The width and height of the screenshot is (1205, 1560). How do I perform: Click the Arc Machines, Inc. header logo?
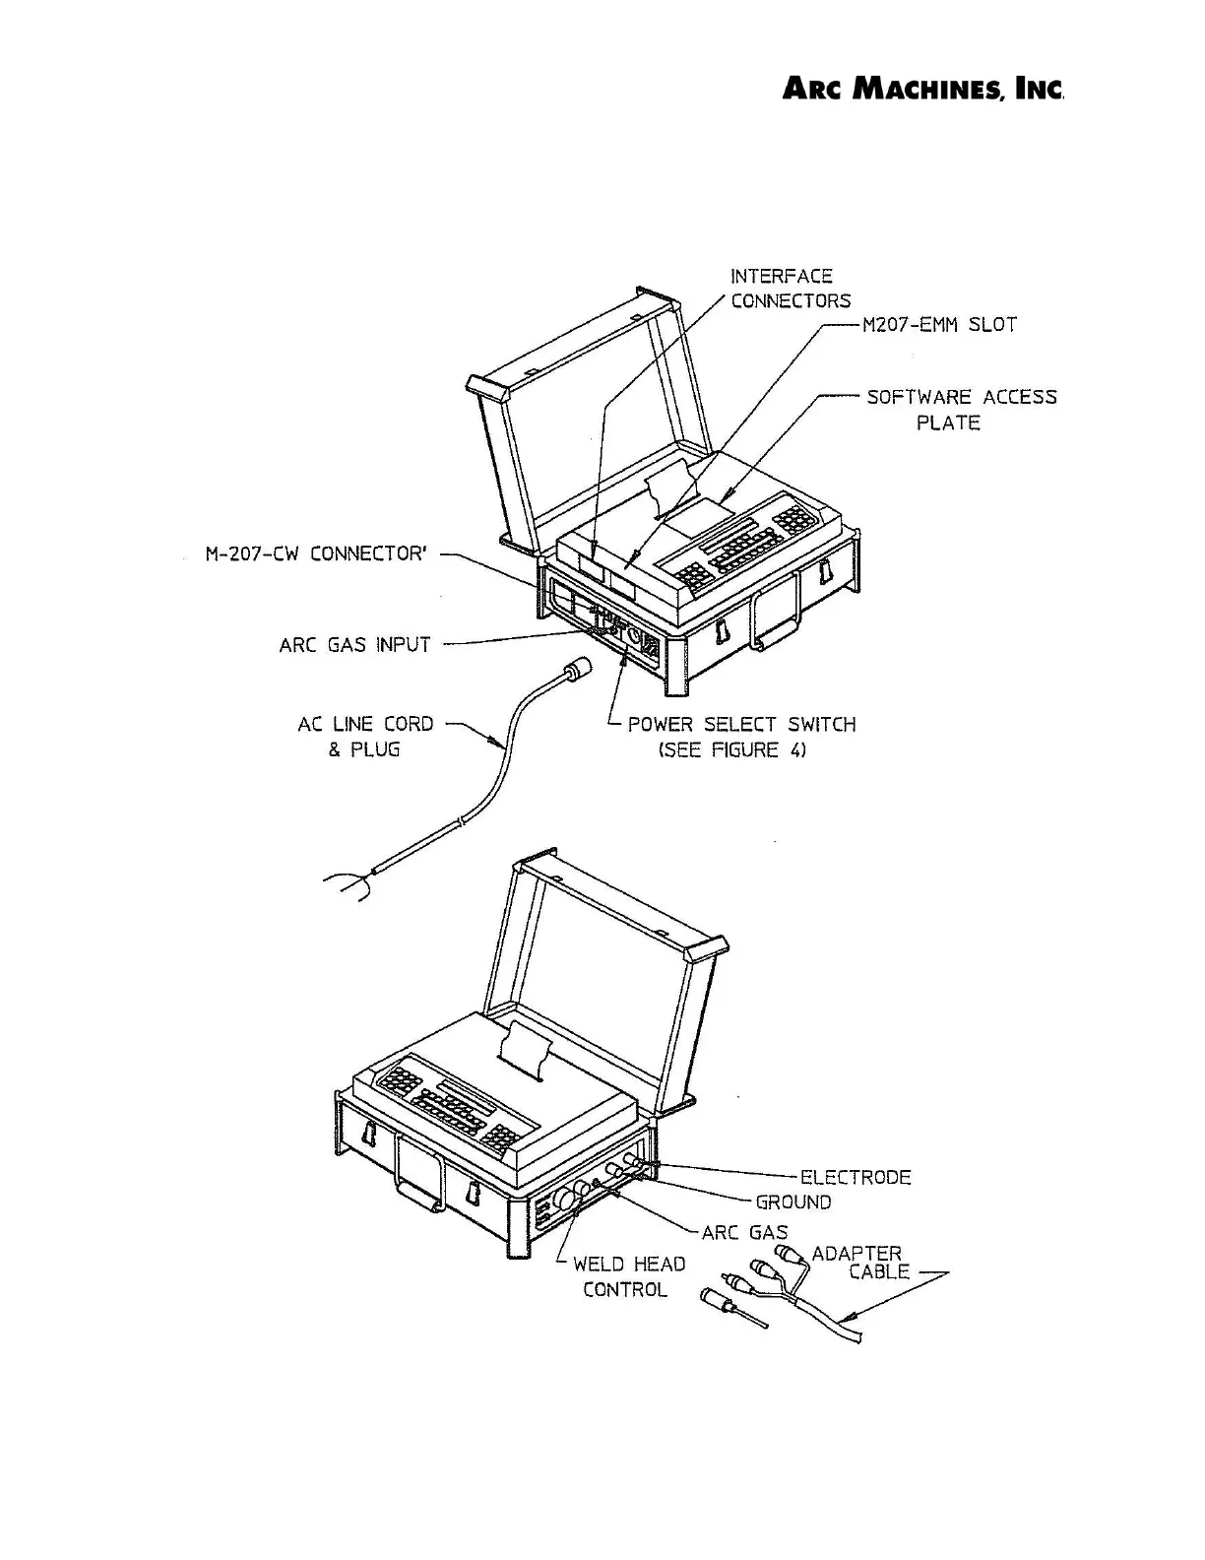coord(923,90)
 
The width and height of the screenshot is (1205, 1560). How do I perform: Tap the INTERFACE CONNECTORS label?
coord(790,289)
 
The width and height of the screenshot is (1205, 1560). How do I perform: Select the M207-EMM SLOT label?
coord(939,325)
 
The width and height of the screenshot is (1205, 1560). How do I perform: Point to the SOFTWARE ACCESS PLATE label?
coord(961,410)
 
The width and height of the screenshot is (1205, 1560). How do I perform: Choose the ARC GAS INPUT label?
coord(355,645)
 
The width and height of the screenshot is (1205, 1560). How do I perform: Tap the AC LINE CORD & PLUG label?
coord(365,737)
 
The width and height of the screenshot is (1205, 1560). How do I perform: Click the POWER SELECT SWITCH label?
coord(741,725)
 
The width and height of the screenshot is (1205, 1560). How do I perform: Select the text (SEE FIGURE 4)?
coord(732,750)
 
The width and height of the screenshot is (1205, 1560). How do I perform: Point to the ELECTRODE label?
coord(856,1177)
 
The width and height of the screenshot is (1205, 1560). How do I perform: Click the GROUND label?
coord(793,1202)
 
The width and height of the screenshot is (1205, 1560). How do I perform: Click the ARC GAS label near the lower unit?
coord(744,1232)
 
